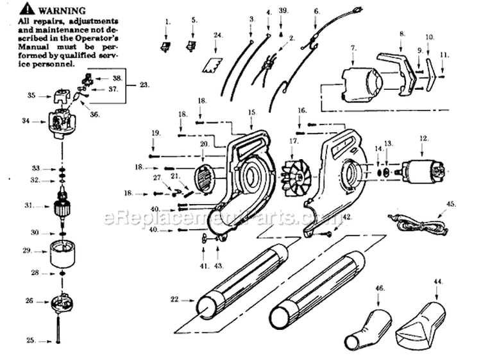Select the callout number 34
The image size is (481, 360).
pos(26,120)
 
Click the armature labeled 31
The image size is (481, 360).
pos(63,207)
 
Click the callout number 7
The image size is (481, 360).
pos(353,47)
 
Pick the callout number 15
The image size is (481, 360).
pos(252,112)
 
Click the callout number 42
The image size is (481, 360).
pos(347,217)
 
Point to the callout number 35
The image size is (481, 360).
pos(31,96)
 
